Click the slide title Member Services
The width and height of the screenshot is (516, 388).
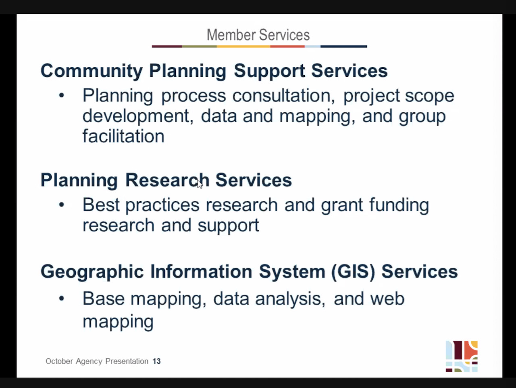click(258, 35)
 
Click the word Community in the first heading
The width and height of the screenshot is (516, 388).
click(92, 71)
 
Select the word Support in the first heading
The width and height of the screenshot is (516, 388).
click(269, 71)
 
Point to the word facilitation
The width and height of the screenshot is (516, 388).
click(123, 136)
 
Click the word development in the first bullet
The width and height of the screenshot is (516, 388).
click(138, 116)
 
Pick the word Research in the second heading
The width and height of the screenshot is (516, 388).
click(167, 180)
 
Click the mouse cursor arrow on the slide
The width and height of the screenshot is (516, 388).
click(200, 184)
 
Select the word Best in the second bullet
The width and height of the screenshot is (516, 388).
click(101, 205)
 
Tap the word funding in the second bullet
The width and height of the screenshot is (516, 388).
click(399, 205)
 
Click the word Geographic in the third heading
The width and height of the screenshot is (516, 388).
click(92, 272)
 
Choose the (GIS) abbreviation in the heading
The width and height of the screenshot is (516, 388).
click(353, 272)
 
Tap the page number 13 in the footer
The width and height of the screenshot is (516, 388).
click(156, 361)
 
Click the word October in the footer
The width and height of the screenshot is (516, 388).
click(59, 361)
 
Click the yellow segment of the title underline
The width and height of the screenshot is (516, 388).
click(243, 46)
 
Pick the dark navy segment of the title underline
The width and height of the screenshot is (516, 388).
click(343, 46)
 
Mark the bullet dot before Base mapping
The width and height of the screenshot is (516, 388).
click(61, 299)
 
